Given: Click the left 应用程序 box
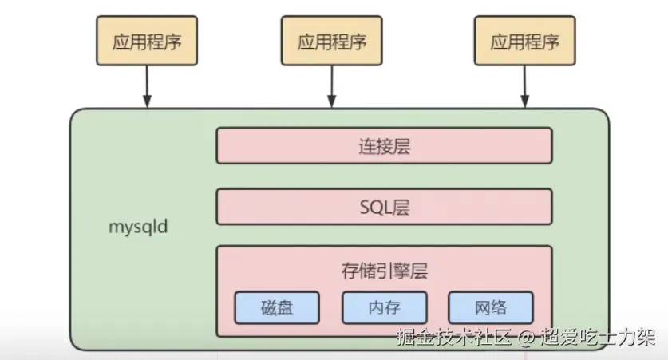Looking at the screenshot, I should (146, 42).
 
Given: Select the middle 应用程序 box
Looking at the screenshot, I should (331, 42).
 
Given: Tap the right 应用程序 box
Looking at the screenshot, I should (524, 42).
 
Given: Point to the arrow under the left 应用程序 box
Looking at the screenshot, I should (147, 86).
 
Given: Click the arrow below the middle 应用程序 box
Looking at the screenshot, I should (332, 86).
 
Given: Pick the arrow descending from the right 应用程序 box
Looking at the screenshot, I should (524, 86).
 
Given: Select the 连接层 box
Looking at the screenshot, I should (384, 146).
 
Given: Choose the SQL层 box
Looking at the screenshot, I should (384, 208).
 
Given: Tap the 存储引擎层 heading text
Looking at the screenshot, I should (384, 271).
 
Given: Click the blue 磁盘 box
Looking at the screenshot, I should (277, 307).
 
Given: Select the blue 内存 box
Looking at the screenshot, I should (384, 307).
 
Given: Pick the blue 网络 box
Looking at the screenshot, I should (490, 307).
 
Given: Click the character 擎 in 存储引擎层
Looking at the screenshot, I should (401, 271).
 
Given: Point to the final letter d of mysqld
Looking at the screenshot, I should (164, 227).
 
